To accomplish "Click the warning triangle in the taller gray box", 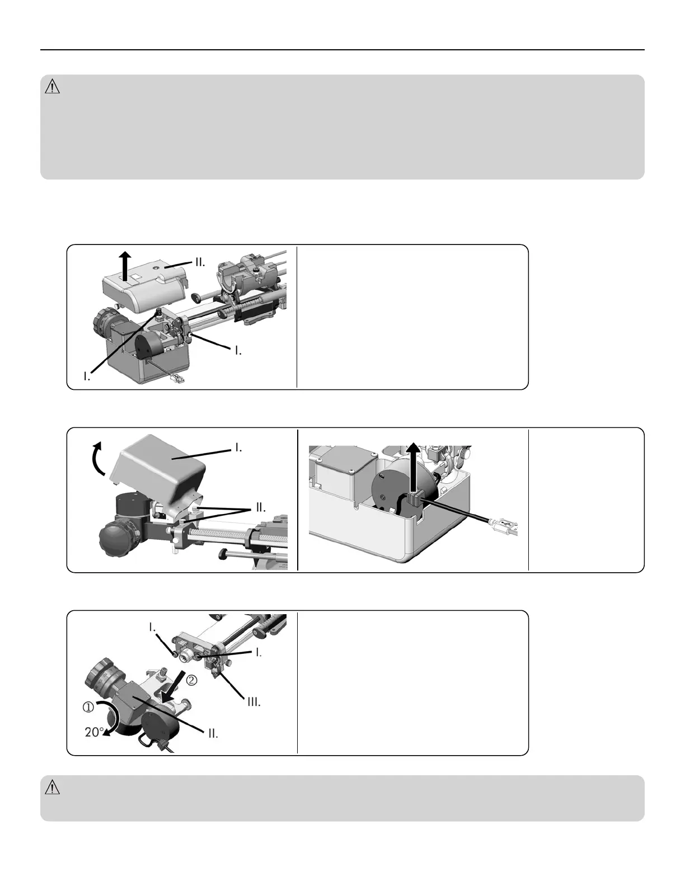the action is click(x=52, y=87).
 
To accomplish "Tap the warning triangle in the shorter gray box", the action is click(x=52, y=788).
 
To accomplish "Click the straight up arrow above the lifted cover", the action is click(x=126, y=266).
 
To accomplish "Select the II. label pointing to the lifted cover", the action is click(x=199, y=262).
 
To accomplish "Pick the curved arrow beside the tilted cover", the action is click(x=98, y=458).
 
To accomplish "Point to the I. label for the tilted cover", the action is click(x=238, y=447).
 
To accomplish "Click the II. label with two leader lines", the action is click(x=261, y=508).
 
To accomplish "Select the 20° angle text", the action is click(x=94, y=732).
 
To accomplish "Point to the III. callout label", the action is click(x=254, y=702).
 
